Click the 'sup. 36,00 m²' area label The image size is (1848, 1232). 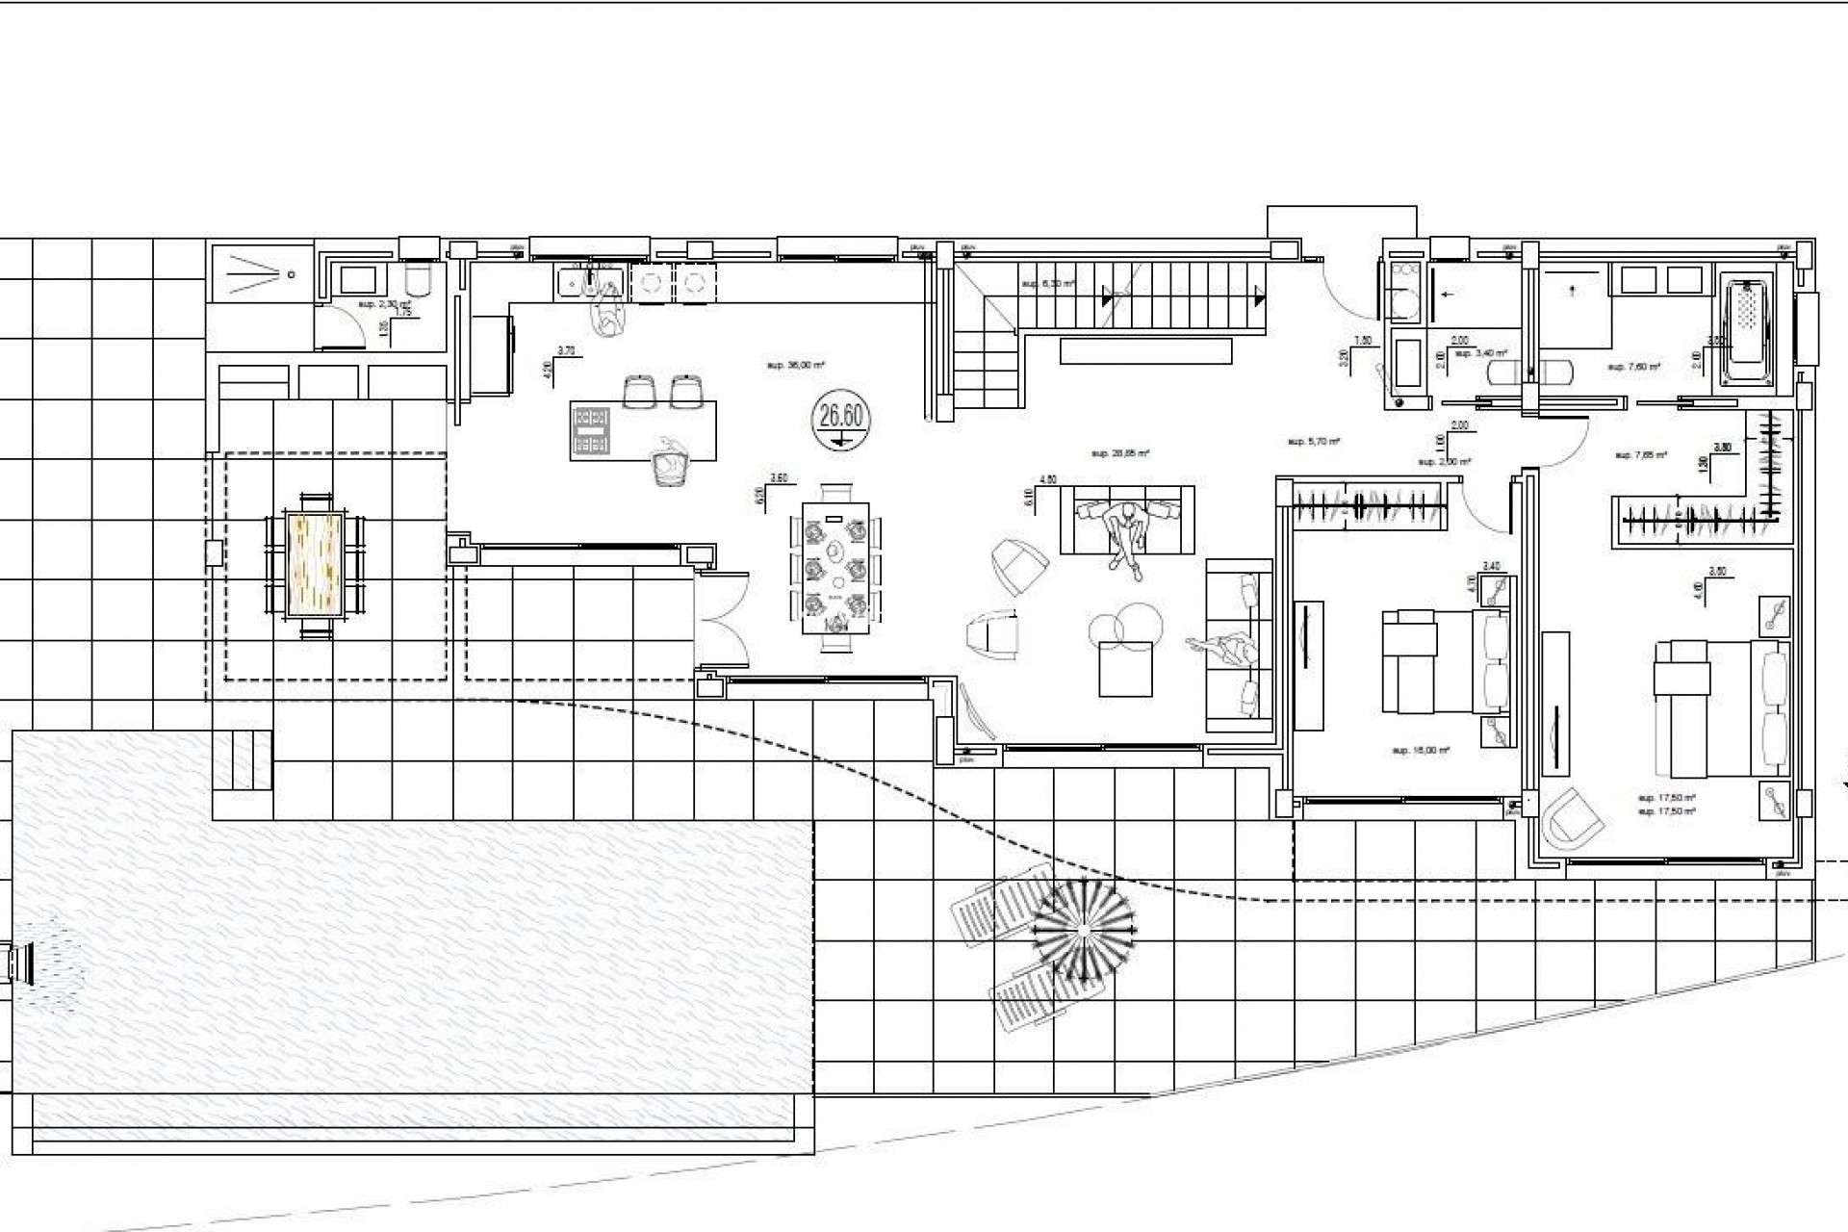pyautogui.click(x=797, y=366)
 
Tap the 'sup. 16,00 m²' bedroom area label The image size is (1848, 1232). pyautogui.click(x=1421, y=750)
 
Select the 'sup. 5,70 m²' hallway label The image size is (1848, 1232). pyautogui.click(x=1314, y=442)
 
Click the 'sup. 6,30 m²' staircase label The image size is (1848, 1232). pyautogui.click(x=1046, y=284)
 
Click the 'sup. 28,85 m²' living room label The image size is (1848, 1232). pyautogui.click(x=1121, y=451)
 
